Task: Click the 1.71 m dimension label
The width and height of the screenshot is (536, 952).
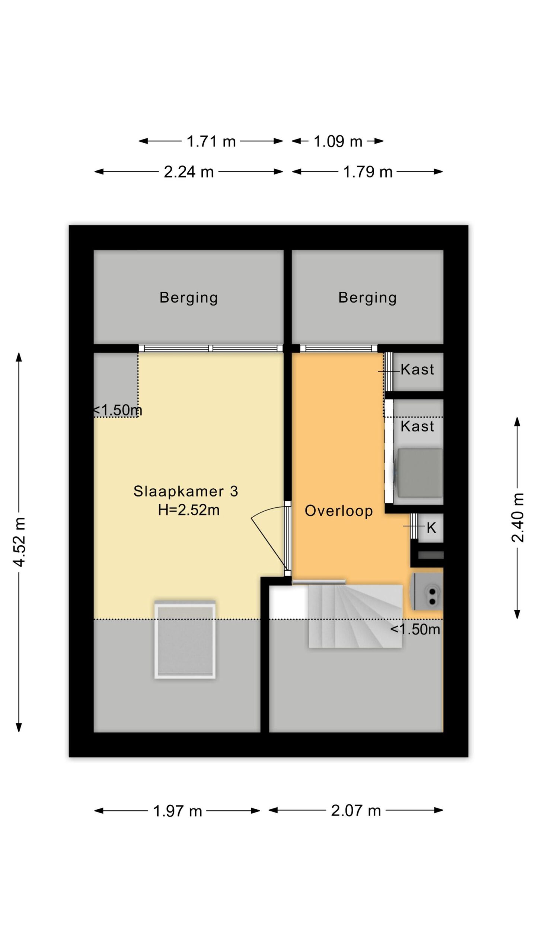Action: pyautogui.click(x=211, y=141)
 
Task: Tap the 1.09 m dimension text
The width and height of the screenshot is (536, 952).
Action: pyautogui.click(x=338, y=141)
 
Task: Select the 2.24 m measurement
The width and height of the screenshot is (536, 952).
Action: pyautogui.click(x=189, y=172)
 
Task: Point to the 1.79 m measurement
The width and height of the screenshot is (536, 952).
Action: pyautogui.click(x=368, y=172)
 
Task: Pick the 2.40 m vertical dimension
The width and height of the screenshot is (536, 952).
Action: pyautogui.click(x=517, y=517)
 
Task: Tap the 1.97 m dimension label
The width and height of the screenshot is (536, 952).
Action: pyautogui.click(x=178, y=811)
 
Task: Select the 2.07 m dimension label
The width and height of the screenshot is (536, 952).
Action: pyautogui.click(x=356, y=811)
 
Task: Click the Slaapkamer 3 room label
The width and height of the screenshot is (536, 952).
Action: pyautogui.click(x=186, y=491)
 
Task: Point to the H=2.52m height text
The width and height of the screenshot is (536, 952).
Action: pyautogui.click(x=189, y=510)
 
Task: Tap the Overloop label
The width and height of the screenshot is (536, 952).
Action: pyautogui.click(x=339, y=511)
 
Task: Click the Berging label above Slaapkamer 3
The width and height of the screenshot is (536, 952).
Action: pyautogui.click(x=189, y=298)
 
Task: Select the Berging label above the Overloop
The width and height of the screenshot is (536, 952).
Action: pyautogui.click(x=367, y=298)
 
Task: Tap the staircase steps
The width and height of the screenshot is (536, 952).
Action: pyautogui.click(x=355, y=616)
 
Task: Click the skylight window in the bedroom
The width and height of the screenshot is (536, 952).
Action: pyautogui.click(x=185, y=639)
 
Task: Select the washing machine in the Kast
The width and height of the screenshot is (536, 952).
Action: pyautogui.click(x=419, y=473)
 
